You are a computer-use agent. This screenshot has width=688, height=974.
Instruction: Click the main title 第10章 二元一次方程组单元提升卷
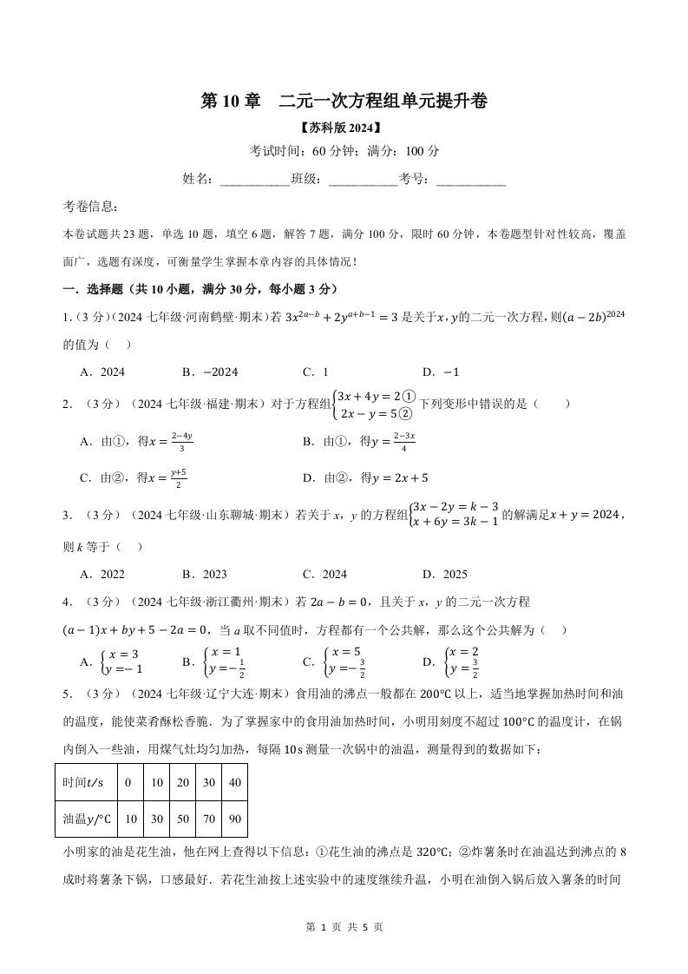[344, 101]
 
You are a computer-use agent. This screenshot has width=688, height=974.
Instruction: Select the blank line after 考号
[471, 179]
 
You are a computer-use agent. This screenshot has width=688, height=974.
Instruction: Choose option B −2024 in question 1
[209, 372]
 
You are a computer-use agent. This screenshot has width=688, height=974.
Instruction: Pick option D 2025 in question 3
[444, 574]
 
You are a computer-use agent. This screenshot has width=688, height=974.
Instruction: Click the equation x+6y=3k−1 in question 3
[454, 521]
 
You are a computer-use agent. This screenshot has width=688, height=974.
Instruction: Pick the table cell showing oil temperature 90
[234, 819]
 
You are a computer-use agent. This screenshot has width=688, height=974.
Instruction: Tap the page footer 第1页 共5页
[344, 927]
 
